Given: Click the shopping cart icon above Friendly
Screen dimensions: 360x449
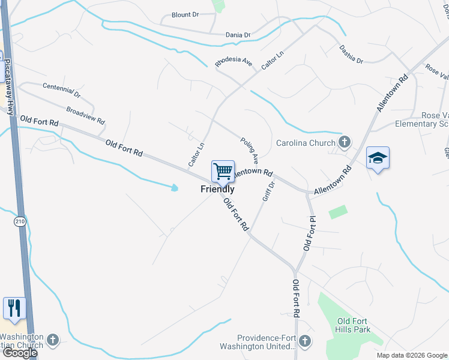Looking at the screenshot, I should point(223,172).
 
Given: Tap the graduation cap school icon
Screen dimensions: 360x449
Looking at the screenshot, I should point(378,158).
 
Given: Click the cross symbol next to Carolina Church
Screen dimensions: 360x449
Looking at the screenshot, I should point(344,143).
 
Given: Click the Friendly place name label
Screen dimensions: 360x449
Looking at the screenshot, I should point(217,189).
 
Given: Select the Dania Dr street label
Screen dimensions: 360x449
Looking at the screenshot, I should point(238,35).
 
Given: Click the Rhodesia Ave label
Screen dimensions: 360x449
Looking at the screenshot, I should point(234,62).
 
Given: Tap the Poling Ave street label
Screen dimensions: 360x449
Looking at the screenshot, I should point(249,150).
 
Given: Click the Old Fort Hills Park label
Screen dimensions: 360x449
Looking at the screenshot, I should point(353,325).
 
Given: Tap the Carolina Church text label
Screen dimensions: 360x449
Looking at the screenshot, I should point(305,143).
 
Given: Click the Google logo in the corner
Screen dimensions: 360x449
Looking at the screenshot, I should point(19,353).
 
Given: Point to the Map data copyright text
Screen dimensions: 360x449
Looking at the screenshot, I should point(412,355).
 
